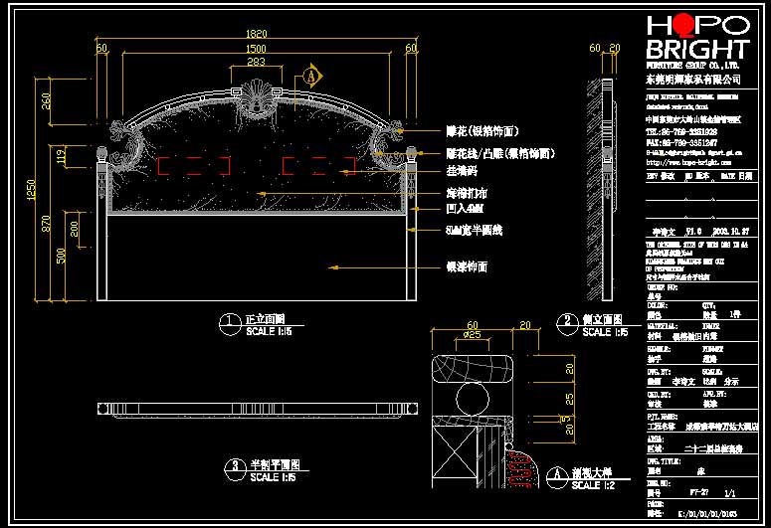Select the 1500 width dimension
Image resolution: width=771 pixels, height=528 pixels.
256,48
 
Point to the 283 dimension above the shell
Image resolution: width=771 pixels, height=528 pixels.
256,63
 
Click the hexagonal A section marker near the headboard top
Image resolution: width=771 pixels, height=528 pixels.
311,76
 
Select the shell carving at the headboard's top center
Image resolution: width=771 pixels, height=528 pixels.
256,99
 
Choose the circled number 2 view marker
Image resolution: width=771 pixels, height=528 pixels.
568,321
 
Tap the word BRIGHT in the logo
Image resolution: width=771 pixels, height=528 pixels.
696,50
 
